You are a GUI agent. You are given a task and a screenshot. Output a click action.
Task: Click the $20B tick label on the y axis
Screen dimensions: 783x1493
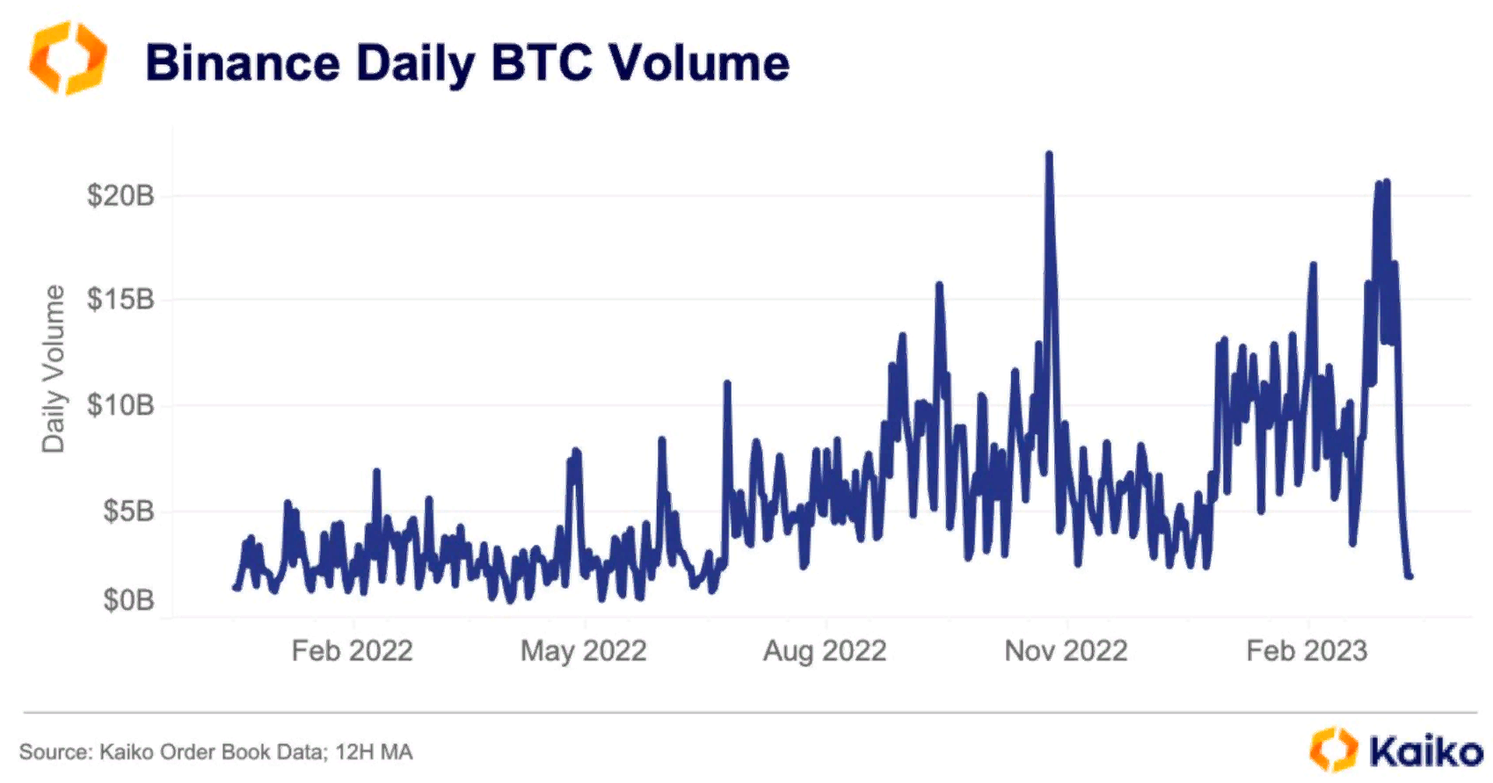coord(120,195)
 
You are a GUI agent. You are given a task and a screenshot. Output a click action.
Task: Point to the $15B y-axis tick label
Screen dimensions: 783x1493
coord(120,300)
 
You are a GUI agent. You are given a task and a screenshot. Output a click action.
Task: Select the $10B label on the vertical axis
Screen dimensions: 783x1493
coord(120,405)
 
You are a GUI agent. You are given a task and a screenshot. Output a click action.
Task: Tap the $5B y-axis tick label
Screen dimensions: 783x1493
coord(128,511)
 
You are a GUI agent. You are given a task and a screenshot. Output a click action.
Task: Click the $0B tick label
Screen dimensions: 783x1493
coord(128,600)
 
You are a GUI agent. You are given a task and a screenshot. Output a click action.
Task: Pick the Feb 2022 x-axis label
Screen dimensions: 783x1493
coord(352,651)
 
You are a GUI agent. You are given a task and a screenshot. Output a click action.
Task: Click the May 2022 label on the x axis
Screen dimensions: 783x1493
coord(583,651)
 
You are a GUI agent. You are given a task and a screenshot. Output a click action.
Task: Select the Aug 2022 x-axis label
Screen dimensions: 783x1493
coord(825,651)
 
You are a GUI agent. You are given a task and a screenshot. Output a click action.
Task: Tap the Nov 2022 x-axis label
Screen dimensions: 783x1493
coord(1066,651)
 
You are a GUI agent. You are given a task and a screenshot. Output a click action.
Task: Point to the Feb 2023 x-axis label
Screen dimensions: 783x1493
coord(1307,651)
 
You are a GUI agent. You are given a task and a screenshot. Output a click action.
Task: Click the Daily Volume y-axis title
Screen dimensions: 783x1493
coord(54,369)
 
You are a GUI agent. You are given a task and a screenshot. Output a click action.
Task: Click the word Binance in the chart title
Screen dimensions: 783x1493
coord(242,63)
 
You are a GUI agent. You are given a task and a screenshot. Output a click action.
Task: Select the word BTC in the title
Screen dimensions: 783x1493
coord(542,63)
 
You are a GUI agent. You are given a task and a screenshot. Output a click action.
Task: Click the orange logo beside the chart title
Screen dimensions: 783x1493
coord(68,58)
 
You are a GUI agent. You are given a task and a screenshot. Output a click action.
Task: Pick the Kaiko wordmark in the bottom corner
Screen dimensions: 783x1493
coord(1425,751)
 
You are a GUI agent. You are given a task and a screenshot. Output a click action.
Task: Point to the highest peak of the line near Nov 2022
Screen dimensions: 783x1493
coord(1049,156)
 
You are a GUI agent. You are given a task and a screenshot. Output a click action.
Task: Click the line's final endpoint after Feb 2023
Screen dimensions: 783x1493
coord(1409,576)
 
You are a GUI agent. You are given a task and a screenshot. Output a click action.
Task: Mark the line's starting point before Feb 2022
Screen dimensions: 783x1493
coord(235,587)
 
